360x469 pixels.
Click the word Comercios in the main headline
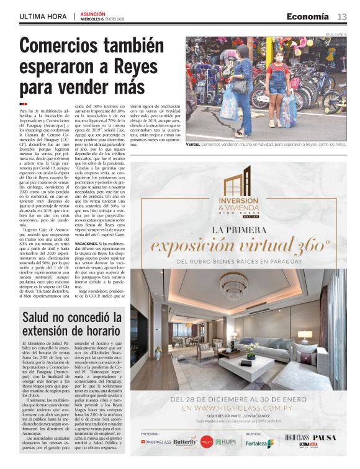61,46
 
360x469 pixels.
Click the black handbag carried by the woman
238,85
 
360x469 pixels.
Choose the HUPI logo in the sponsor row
225,442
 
